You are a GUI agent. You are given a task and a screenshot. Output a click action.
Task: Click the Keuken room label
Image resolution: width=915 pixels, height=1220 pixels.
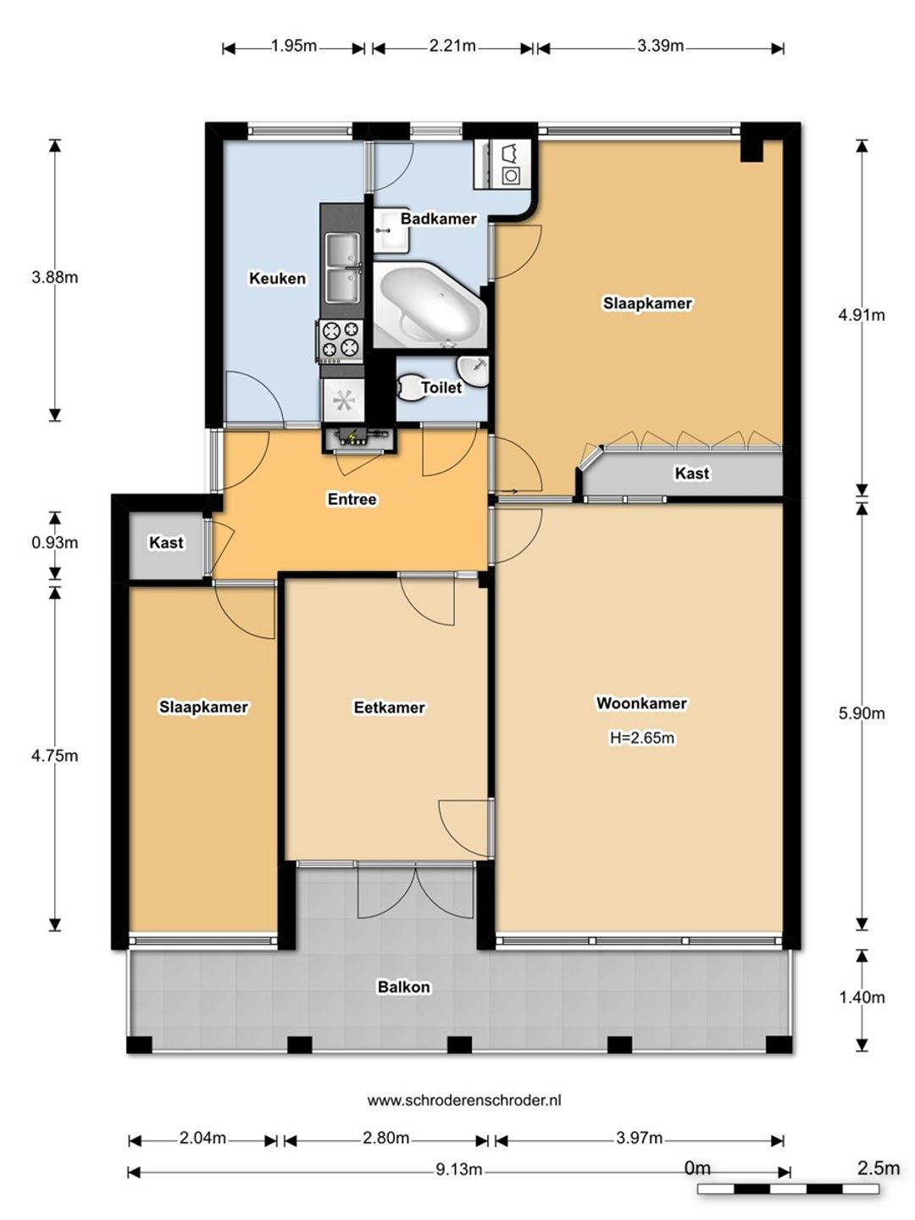(x=277, y=278)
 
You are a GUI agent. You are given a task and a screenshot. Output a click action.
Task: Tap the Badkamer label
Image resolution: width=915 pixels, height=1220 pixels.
(x=438, y=219)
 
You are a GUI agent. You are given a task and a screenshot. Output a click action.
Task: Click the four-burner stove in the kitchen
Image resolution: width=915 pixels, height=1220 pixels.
(x=340, y=340)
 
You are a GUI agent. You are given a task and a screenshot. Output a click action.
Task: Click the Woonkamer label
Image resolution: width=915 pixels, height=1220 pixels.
(x=641, y=703)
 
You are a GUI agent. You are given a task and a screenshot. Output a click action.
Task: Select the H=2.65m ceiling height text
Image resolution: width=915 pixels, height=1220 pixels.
(x=641, y=738)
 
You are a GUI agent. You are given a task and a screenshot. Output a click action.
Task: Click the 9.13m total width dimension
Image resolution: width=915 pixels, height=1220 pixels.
(x=458, y=1170)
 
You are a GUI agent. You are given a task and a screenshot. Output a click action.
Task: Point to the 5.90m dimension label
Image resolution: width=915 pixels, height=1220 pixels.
(x=861, y=713)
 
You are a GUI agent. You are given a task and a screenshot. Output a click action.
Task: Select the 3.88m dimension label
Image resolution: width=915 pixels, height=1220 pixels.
(x=54, y=277)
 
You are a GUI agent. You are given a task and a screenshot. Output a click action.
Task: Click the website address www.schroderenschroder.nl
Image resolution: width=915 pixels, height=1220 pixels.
(x=464, y=1100)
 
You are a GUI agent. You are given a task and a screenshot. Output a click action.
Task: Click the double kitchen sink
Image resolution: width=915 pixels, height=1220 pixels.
(x=343, y=268)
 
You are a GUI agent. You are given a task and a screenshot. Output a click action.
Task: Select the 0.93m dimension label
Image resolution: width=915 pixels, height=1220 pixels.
(x=54, y=542)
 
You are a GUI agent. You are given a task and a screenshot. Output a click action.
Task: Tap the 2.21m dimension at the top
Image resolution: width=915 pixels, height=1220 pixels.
(x=452, y=46)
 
